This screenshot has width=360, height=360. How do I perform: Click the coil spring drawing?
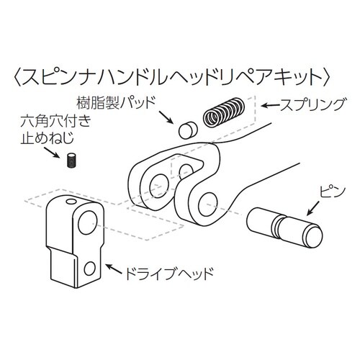[x=224, y=112]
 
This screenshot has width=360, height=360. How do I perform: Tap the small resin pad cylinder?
[x=188, y=130]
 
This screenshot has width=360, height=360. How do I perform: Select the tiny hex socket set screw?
[x=71, y=161]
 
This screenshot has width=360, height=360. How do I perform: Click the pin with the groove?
[x=284, y=228]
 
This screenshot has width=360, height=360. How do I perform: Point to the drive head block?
[x=75, y=242]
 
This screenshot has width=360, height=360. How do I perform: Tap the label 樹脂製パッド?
[x=115, y=102]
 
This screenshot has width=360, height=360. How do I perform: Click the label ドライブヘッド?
[x=169, y=274]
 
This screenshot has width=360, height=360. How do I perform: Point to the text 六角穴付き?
[x=55, y=122]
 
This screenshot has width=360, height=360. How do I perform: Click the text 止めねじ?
[x=47, y=138]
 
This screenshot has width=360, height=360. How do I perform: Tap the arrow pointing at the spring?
[x=270, y=105]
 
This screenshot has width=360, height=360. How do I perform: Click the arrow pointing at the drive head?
[x=114, y=269]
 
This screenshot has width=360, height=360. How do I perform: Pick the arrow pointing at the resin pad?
[x=166, y=117]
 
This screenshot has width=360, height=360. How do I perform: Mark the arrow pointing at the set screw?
[x=52, y=153]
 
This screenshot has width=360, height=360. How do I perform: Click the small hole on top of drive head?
[x=71, y=202]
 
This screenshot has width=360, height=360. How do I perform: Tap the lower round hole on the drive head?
[x=90, y=269]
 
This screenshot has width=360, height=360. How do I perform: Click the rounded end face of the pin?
[x=311, y=237]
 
